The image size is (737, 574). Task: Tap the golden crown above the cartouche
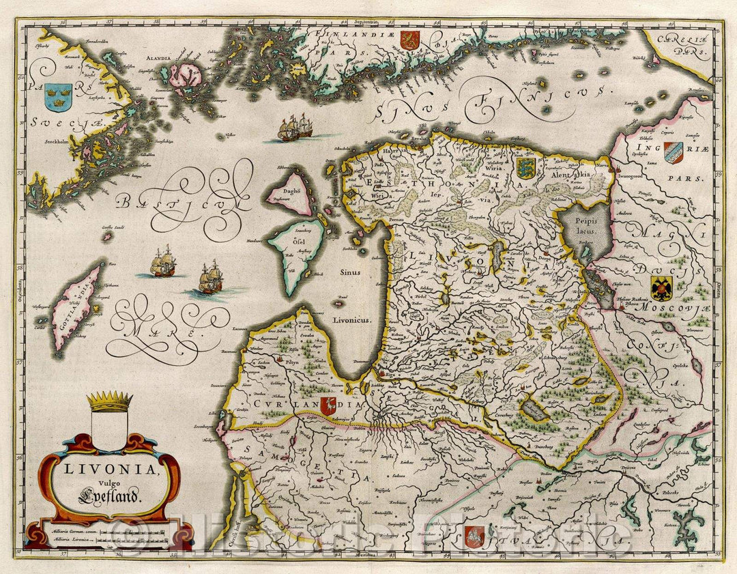pos(109,401)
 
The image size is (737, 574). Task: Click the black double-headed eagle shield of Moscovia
pos(661,289)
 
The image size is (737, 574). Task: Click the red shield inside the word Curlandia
pos(328,405)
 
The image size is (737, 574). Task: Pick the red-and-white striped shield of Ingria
pos(673,152)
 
